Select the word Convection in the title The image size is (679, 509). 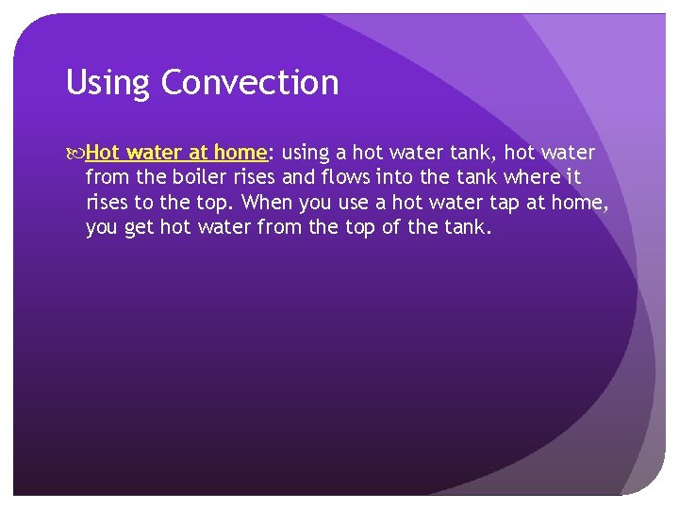250,83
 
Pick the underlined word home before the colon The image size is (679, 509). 241,153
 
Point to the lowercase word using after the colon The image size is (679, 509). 305,153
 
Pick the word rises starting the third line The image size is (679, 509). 108,202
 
